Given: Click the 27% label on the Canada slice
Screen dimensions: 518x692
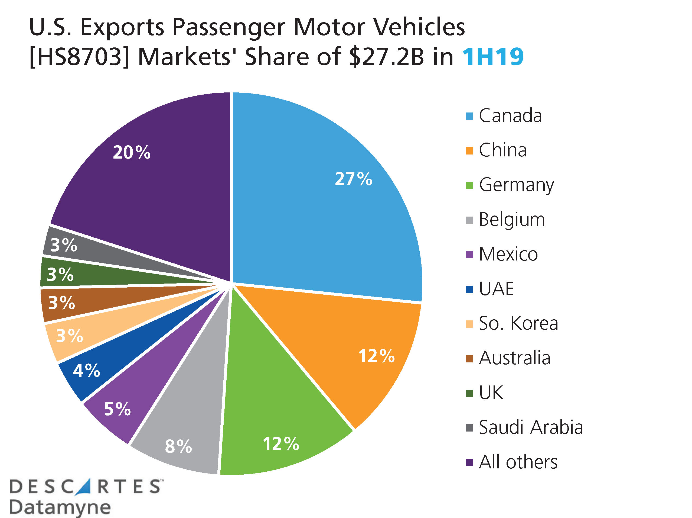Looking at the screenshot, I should (x=353, y=179).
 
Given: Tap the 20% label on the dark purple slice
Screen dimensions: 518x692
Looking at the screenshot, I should (x=131, y=153).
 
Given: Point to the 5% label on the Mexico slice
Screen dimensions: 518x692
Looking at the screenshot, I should (x=117, y=409).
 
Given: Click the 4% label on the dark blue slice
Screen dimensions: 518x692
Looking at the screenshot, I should (x=86, y=371).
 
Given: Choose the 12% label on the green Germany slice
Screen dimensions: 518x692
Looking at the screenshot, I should (x=280, y=444).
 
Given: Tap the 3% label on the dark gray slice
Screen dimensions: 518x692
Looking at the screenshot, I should (x=64, y=245).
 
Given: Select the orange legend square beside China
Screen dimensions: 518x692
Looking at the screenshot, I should (x=469, y=151).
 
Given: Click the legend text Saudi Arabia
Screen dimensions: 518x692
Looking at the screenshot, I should (x=531, y=427).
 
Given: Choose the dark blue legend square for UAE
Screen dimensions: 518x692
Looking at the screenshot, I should (x=469, y=289).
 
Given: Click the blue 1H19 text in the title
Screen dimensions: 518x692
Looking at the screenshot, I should (x=492, y=57).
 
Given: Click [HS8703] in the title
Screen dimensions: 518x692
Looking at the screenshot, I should (x=79, y=57).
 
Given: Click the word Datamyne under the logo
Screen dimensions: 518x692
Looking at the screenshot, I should (x=60, y=507).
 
